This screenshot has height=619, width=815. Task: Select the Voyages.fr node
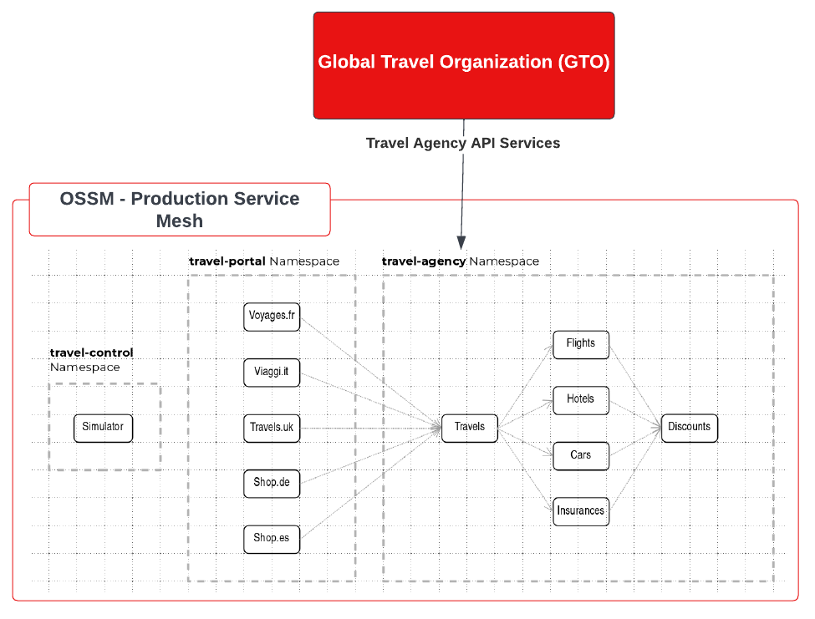point(272,316)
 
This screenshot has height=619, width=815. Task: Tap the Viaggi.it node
point(272,372)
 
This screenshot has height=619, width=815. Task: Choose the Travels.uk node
point(272,428)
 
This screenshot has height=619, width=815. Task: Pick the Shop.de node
point(272,483)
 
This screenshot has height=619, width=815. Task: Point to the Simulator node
point(103,428)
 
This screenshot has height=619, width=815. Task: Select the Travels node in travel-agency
point(470,427)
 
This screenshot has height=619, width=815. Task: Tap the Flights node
point(581,343)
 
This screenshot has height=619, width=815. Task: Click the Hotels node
point(581,399)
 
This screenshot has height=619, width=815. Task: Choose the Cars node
point(581,455)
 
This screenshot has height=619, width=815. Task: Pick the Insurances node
point(581,511)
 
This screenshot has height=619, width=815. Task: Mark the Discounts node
point(690,427)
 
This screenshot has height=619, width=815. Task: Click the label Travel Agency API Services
point(463,143)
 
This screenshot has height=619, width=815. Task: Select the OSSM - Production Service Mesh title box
point(180,210)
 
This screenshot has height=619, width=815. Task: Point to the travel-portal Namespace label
point(264,261)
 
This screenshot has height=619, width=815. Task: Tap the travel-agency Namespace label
point(461,261)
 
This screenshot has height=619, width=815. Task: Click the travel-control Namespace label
point(91,360)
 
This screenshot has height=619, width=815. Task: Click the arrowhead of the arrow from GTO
point(461,241)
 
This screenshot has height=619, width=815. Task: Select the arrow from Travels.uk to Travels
point(368,428)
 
